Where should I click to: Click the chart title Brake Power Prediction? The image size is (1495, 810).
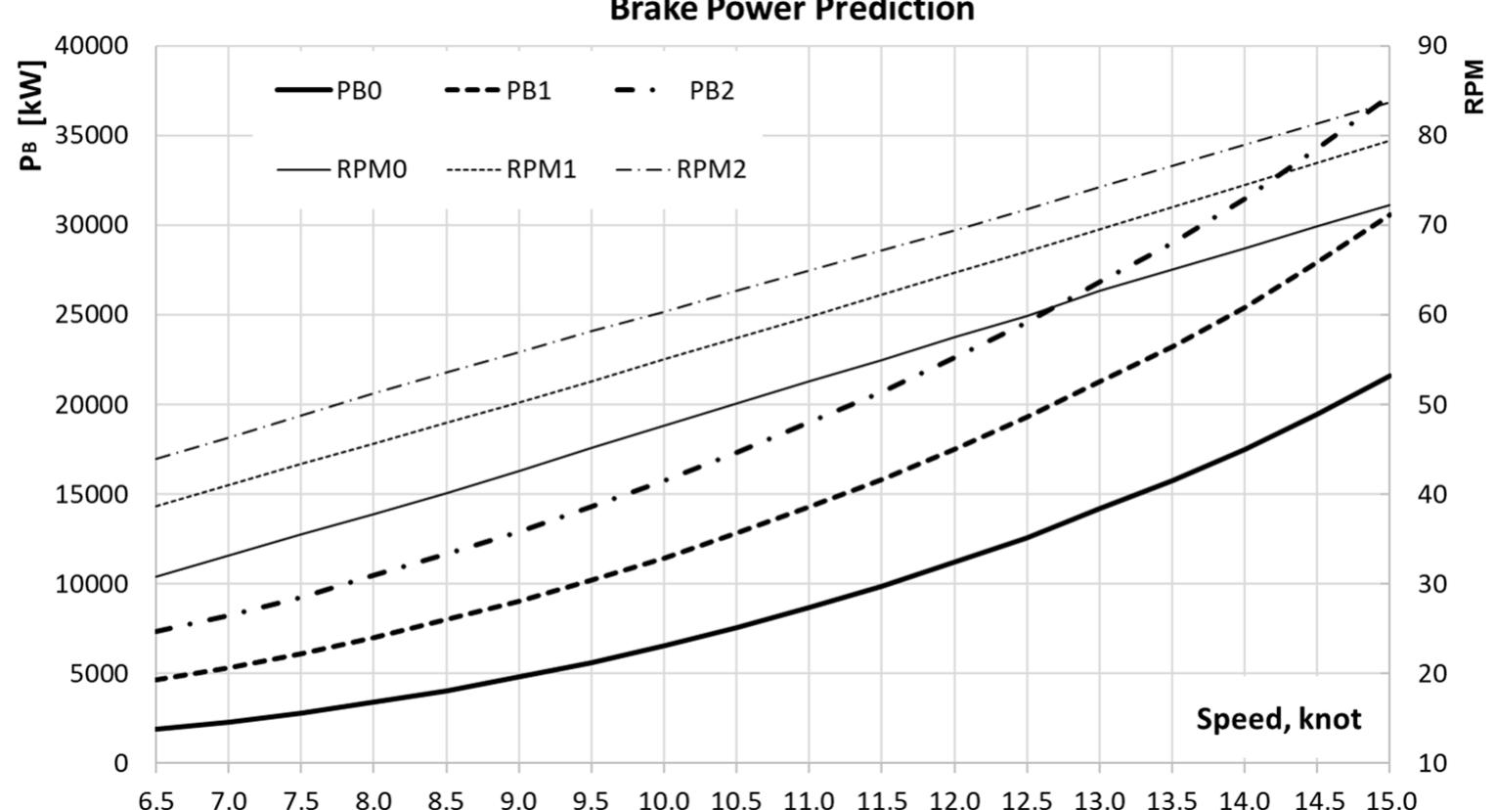[x=792, y=11]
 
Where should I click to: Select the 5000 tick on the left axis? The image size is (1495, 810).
[x=100, y=674]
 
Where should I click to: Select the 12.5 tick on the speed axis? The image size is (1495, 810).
[x=1026, y=800]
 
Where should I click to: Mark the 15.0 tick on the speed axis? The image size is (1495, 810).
[x=1389, y=800]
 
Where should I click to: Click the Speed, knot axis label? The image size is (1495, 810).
[x=1278, y=719]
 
